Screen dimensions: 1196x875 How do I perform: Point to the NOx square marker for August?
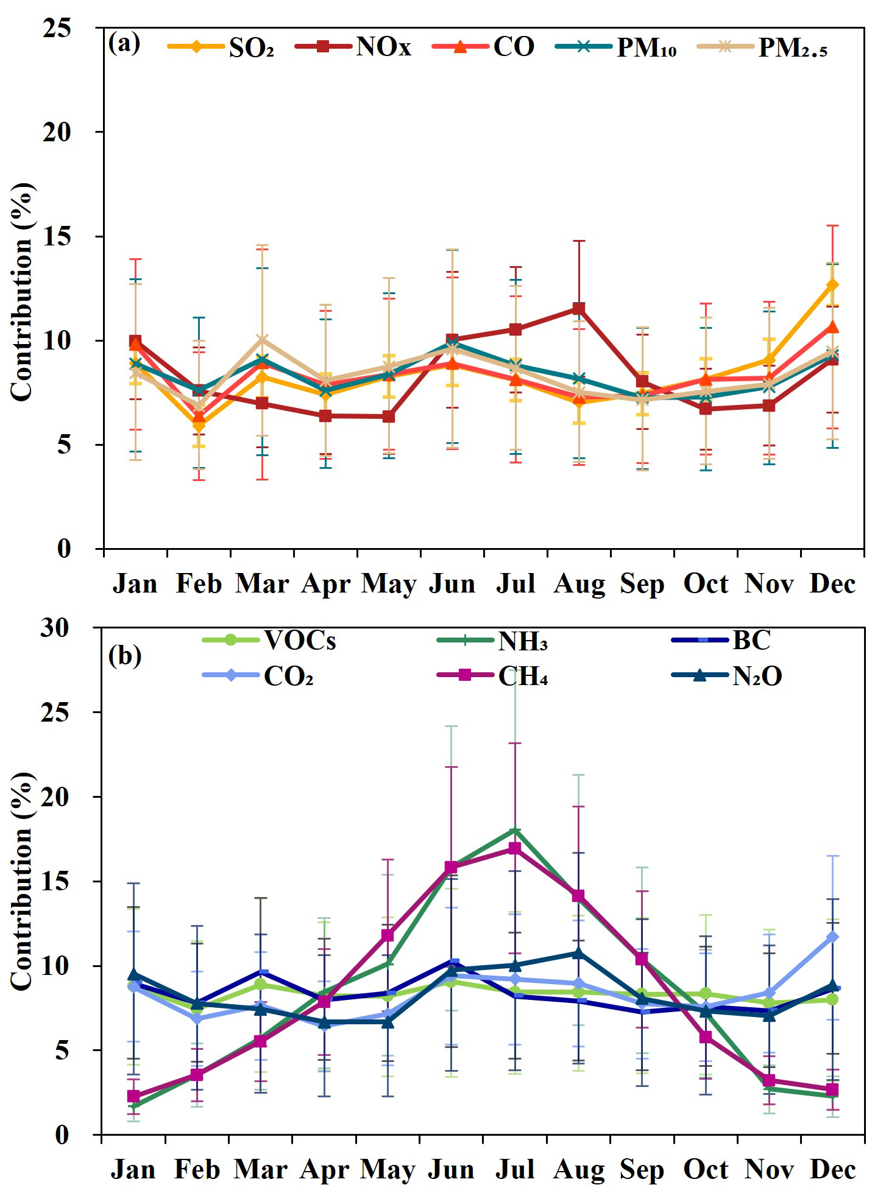pyautogui.click(x=578, y=309)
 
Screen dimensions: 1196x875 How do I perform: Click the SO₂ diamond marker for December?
pyautogui.click(x=832, y=284)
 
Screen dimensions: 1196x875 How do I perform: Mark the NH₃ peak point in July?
pyautogui.click(x=515, y=830)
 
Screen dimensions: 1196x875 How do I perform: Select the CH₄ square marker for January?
pyautogui.click(x=133, y=1096)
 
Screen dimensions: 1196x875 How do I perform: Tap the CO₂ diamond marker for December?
pyautogui.click(x=832, y=937)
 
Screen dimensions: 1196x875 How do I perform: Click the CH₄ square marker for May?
pyautogui.click(x=388, y=935)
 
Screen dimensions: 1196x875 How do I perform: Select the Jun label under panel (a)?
pyautogui.click(x=452, y=583)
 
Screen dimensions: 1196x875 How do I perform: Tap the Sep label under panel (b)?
pyautogui.click(x=642, y=1169)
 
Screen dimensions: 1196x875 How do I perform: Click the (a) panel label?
pyautogui.click(x=124, y=44)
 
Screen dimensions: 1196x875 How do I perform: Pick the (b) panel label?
pyautogui.click(x=124, y=655)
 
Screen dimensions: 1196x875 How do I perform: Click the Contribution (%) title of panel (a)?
pyautogui.click(x=22, y=292)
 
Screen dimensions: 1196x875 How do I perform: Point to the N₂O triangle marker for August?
pyautogui.click(x=578, y=953)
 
